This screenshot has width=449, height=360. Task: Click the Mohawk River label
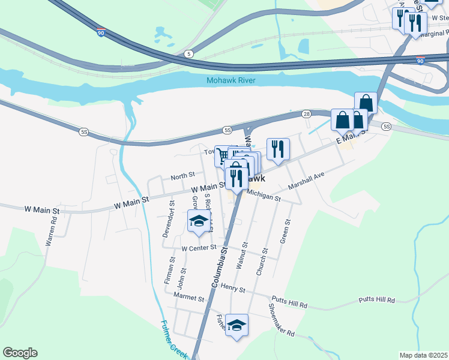point(231,80)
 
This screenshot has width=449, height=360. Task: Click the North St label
point(182,176)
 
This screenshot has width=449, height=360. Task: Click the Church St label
point(262,262)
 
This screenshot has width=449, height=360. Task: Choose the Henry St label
point(233,289)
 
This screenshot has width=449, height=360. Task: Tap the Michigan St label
point(264,197)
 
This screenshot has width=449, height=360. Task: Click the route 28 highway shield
point(306,114)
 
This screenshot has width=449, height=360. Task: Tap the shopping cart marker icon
point(223,155)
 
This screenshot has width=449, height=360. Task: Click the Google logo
point(20,353)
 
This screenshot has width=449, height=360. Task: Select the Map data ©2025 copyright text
point(423,355)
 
